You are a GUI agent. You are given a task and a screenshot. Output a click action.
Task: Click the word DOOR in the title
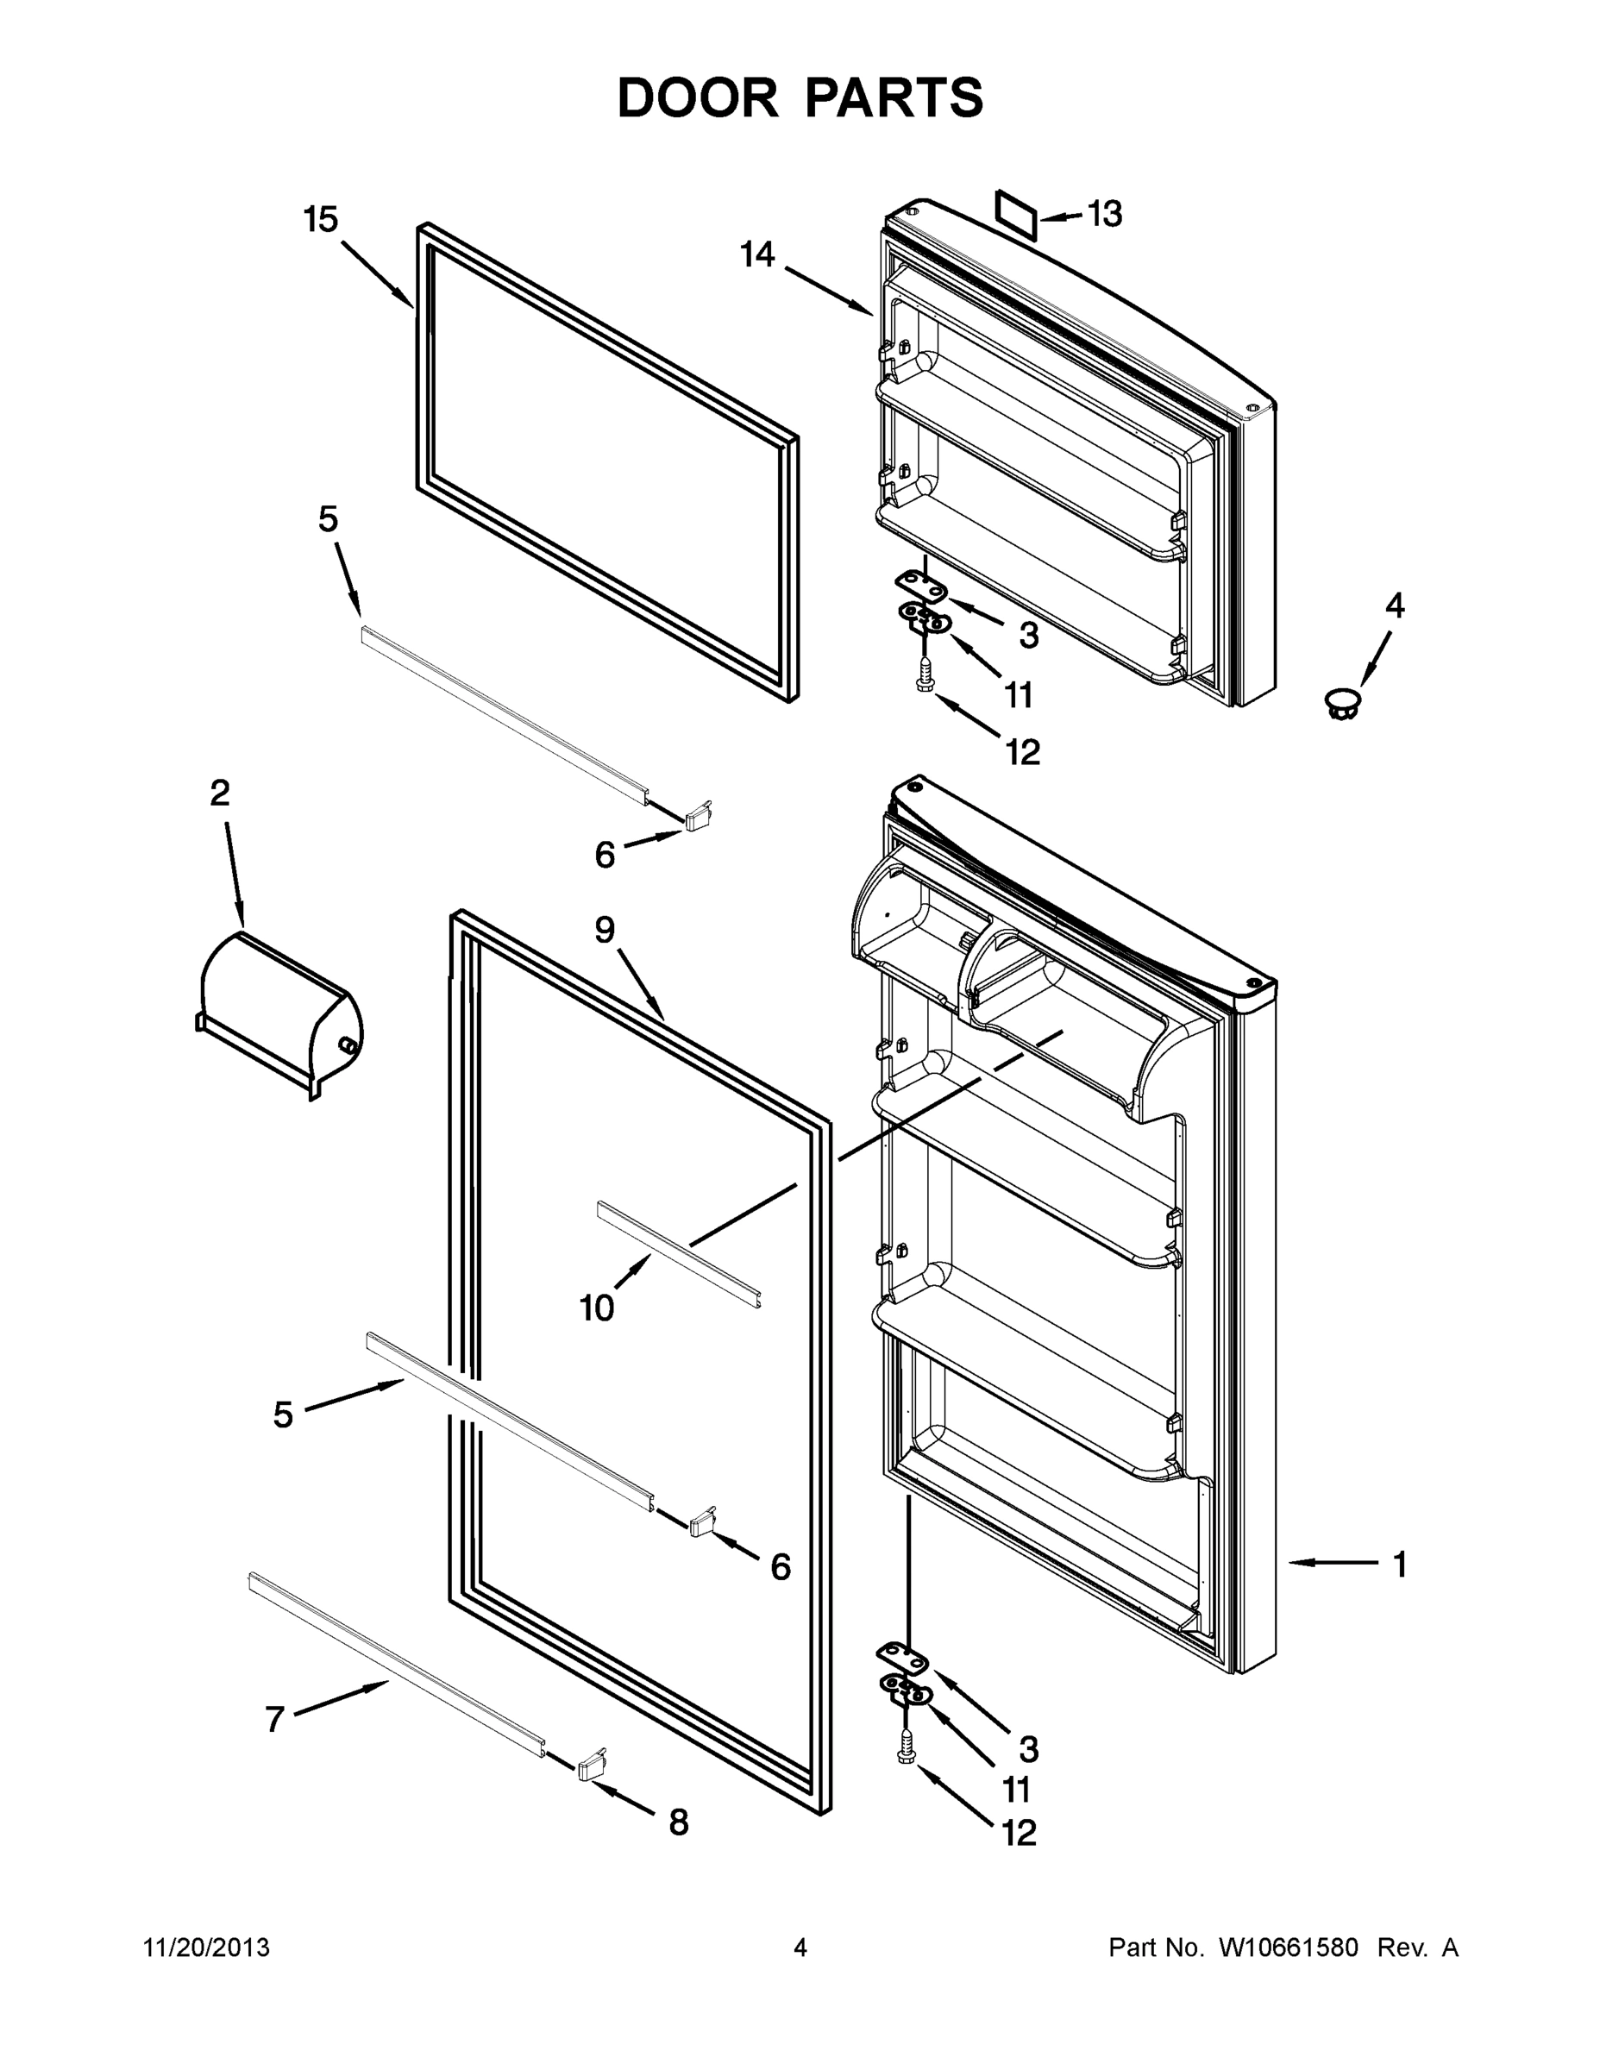(x=697, y=97)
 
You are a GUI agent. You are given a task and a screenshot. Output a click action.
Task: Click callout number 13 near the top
(x=1104, y=214)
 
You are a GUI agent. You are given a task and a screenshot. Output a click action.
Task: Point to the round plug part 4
(x=1340, y=703)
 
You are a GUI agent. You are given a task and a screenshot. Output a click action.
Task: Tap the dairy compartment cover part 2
(x=279, y=1013)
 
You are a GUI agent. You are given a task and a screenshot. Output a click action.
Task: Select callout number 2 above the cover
(x=220, y=793)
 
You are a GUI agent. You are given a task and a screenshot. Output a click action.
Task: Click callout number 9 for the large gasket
(x=605, y=930)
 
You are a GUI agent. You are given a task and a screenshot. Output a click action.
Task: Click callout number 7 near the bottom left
(x=275, y=1718)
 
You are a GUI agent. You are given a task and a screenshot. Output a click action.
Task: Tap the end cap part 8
(x=592, y=1765)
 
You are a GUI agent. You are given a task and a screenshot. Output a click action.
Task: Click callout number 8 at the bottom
(x=679, y=1822)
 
